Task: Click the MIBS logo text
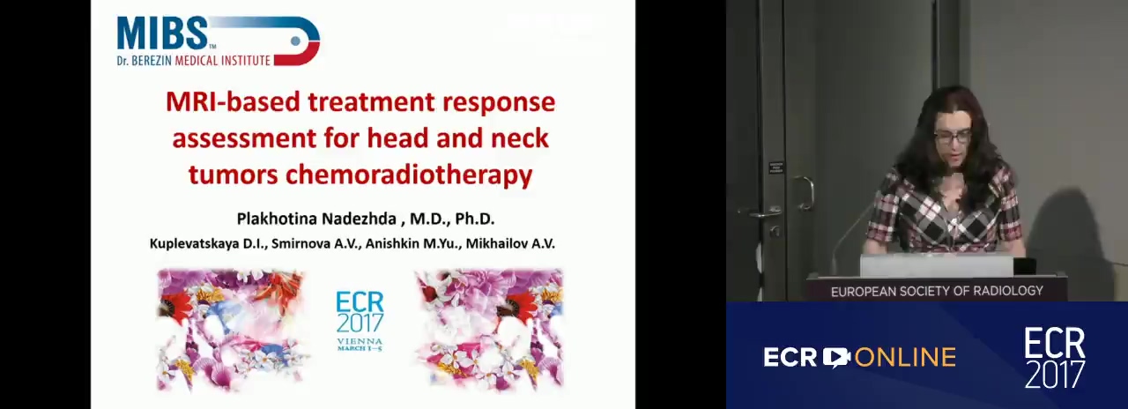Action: (x=162, y=33)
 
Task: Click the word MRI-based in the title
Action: (x=233, y=101)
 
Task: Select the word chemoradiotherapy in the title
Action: (x=408, y=175)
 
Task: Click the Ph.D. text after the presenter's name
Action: (x=475, y=219)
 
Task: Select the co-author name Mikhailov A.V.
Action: (x=510, y=244)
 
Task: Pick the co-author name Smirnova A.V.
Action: (x=316, y=244)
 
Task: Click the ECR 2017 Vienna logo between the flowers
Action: (x=360, y=322)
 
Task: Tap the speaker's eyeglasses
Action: (x=953, y=137)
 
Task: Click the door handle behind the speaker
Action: (x=805, y=191)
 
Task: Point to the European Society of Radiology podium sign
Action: (x=937, y=291)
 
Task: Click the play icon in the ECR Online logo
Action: (x=836, y=357)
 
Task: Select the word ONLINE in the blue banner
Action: (x=905, y=358)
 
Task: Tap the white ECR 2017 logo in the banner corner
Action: (x=1055, y=358)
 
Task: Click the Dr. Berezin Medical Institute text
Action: (x=193, y=61)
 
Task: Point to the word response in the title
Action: (x=499, y=103)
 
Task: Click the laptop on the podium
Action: (x=937, y=265)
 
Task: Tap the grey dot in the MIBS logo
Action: (x=295, y=41)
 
